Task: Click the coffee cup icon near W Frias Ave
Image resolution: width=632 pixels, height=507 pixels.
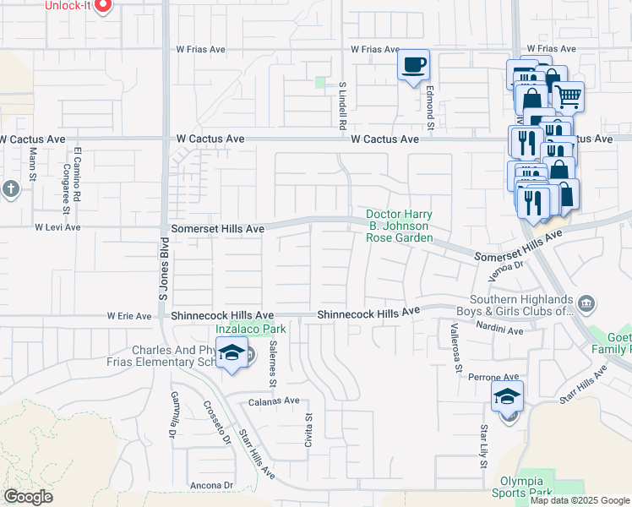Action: pyautogui.click(x=413, y=66)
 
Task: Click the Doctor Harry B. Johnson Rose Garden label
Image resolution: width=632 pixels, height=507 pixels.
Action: pyautogui.click(x=400, y=226)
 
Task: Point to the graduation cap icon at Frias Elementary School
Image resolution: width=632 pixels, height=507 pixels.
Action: pyautogui.click(x=231, y=354)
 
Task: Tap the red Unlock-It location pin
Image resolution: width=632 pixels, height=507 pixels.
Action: pyautogui.click(x=103, y=6)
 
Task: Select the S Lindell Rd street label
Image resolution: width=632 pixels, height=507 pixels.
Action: pyautogui.click(x=343, y=105)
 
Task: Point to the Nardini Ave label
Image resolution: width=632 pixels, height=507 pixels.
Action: pyautogui.click(x=499, y=330)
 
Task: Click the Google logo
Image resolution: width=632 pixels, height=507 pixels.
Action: pyautogui.click(x=28, y=497)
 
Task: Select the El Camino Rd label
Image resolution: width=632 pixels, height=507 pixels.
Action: pyautogui.click(x=77, y=174)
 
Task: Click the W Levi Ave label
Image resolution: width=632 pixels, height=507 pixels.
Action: pyautogui.click(x=57, y=227)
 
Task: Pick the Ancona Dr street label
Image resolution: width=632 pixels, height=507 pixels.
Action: pyautogui.click(x=212, y=485)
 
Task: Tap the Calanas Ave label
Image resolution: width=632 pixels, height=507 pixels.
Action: pyautogui.click(x=274, y=401)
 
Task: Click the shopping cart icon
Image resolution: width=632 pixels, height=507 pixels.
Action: pyautogui.click(x=569, y=96)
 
